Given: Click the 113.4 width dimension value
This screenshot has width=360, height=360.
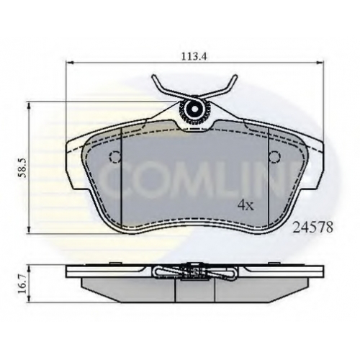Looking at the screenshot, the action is (x=194, y=57).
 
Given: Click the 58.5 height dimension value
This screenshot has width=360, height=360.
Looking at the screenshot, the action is (x=22, y=168).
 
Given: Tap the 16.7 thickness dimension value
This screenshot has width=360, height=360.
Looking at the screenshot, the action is (x=22, y=284).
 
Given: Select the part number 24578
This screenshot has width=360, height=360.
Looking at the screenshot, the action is (x=313, y=227).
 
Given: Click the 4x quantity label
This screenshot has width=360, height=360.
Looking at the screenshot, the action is (x=246, y=205).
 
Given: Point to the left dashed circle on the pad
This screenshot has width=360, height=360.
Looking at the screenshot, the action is (x=115, y=157).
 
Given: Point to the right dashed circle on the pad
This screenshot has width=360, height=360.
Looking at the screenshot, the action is (x=274, y=157).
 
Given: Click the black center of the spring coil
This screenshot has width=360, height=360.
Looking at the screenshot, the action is (x=194, y=109).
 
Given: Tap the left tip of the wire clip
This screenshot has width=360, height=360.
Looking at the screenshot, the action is (x=154, y=76).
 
